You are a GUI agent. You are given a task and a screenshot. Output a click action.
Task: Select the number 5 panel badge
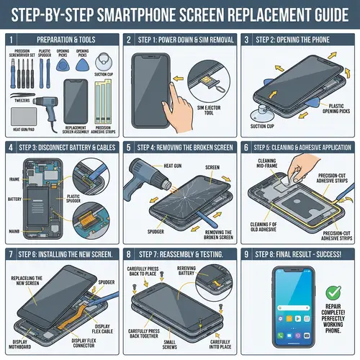tap(128, 148)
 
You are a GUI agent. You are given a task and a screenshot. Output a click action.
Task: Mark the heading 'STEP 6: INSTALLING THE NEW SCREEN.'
tap(66, 254)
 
